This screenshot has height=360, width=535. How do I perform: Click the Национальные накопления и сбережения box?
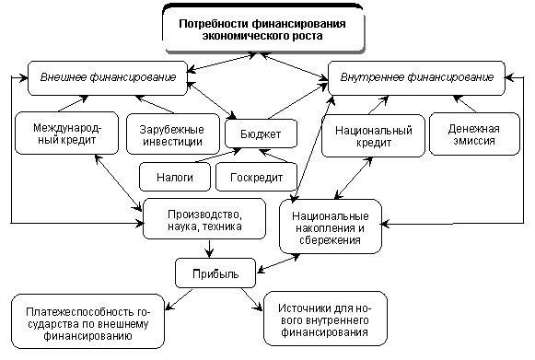click(x=330, y=224)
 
